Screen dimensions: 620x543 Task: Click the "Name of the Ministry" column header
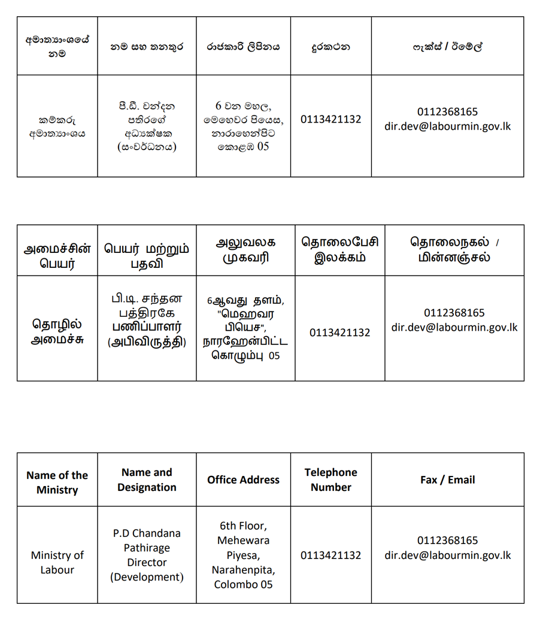click(x=57, y=482)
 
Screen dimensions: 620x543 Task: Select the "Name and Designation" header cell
click(x=147, y=479)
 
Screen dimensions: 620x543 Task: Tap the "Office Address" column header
click(x=243, y=479)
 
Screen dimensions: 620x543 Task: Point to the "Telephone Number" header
click(x=330, y=479)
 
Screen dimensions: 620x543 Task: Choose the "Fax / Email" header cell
click(x=447, y=479)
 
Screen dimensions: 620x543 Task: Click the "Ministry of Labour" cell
click(x=57, y=562)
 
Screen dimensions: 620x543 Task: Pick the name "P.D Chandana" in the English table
click(x=147, y=533)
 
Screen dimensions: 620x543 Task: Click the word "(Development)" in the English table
click(x=147, y=577)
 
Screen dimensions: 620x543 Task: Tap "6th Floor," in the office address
click(x=243, y=526)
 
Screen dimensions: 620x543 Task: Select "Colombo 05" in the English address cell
click(x=243, y=584)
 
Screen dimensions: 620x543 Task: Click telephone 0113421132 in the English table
click(x=330, y=555)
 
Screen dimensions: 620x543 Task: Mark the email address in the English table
click(x=447, y=555)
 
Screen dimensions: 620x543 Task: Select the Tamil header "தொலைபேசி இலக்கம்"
click(x=339, y=250)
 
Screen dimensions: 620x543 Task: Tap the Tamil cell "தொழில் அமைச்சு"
click(x=57, y=331)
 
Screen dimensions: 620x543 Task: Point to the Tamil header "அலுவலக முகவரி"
click(x=245, y=250)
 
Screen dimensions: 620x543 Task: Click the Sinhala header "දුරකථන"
click(x=330, y=46)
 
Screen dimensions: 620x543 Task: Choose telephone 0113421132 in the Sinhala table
click(x=330, y=119)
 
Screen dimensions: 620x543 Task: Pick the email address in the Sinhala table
click(x=447, y=126)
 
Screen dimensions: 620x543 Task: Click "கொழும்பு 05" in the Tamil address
click(x=245, y=356)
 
